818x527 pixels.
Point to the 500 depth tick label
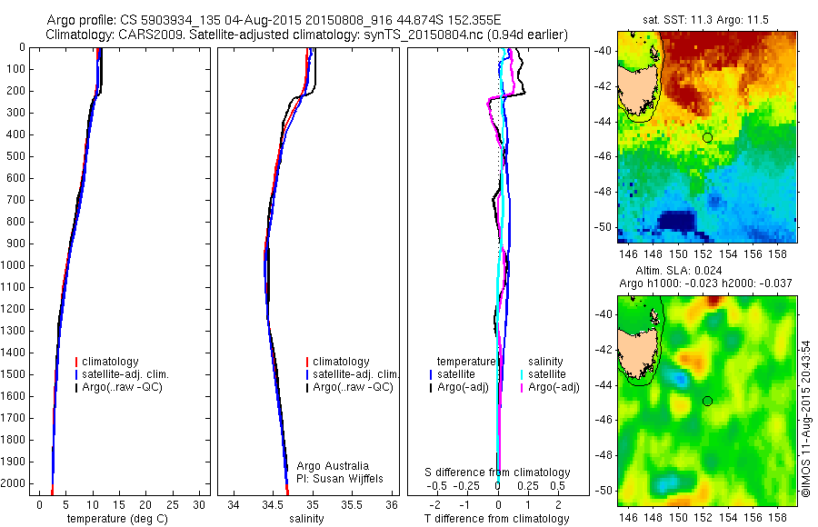15,156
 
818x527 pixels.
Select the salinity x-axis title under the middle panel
306,519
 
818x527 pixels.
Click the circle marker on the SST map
707,137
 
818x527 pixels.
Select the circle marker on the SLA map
707,401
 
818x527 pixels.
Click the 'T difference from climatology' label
497,519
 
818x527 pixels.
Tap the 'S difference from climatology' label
497,472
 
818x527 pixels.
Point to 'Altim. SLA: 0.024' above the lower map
705,271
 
